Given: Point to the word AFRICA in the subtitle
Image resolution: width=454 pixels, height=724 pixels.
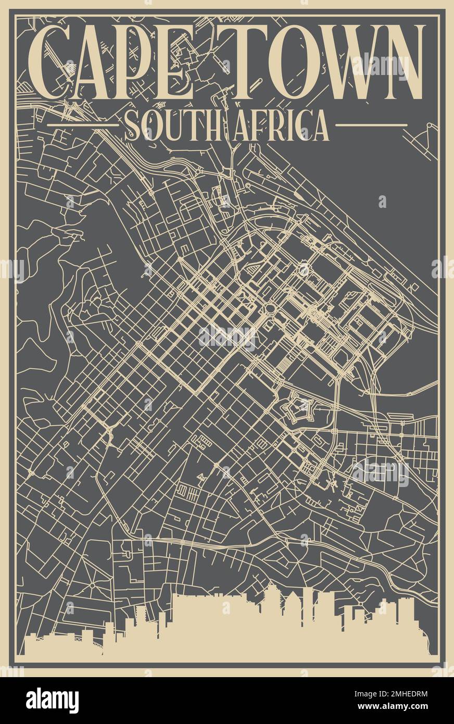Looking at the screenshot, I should pyautogui.click(x=281, y=125).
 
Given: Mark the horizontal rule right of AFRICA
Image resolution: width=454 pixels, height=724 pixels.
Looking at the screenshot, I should pyautogui.click(x=371, y=125).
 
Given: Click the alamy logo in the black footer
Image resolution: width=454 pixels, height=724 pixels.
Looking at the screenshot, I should pyautogui.click(x=52, y=701).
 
